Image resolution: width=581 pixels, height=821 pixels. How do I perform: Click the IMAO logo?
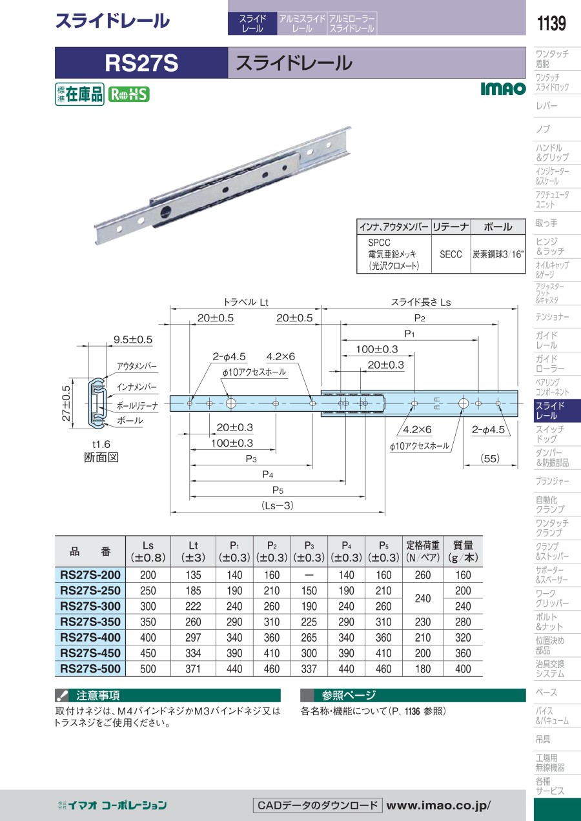[x=503, y=88]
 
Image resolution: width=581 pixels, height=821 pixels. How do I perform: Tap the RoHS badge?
[x=128, y=94]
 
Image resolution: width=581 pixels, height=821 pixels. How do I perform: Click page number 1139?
[x=551, y=23]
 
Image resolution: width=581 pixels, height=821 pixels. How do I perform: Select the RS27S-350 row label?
[x=90, y=622]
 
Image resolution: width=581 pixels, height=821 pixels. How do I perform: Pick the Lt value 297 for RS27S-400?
[x=193, y=638]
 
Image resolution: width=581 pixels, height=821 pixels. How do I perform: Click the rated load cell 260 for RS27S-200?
[x=423, y=575]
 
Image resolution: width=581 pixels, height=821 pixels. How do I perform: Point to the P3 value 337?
[x=309, y=669]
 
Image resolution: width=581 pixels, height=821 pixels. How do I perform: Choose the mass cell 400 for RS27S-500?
[x=463, y=669]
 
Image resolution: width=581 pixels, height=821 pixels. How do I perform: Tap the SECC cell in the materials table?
[x=451, y=254]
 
